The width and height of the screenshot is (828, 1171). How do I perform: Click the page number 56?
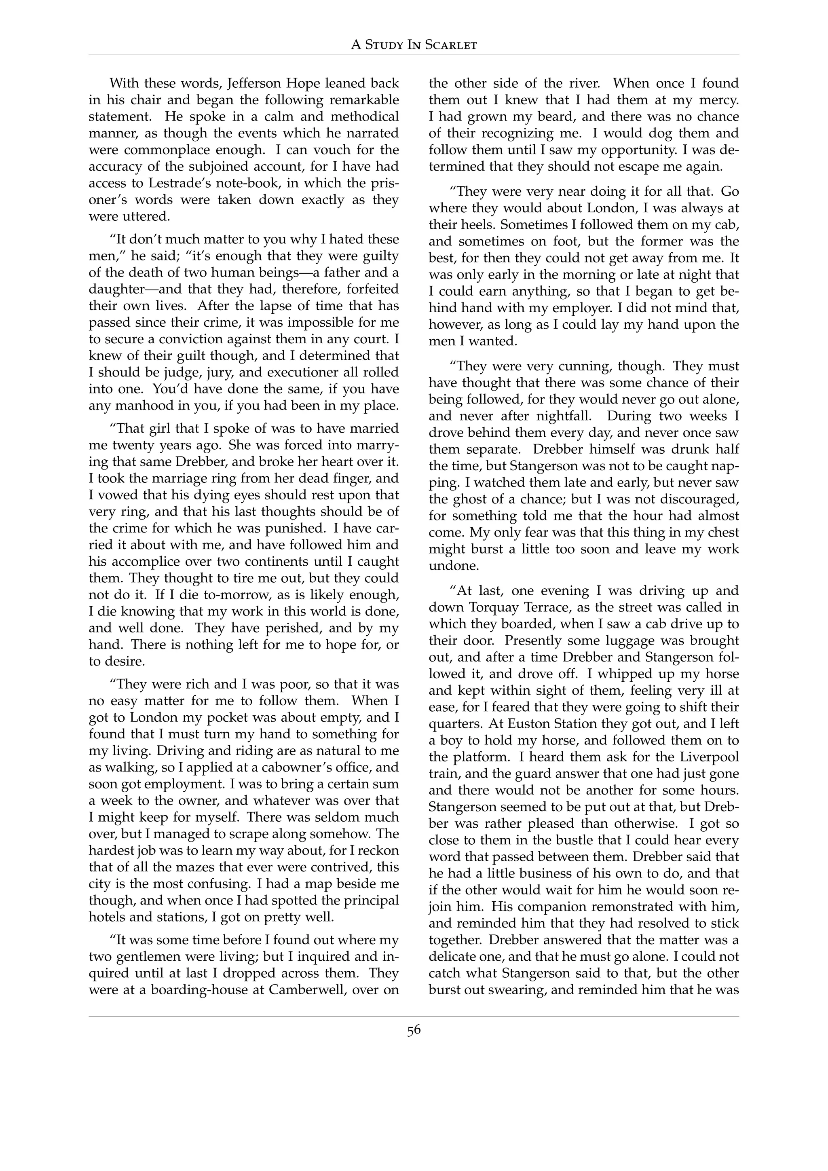[414, 1030]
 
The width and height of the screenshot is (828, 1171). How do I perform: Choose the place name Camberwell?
[306, 990]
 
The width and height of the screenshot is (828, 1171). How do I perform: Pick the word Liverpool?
[708, 757]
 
